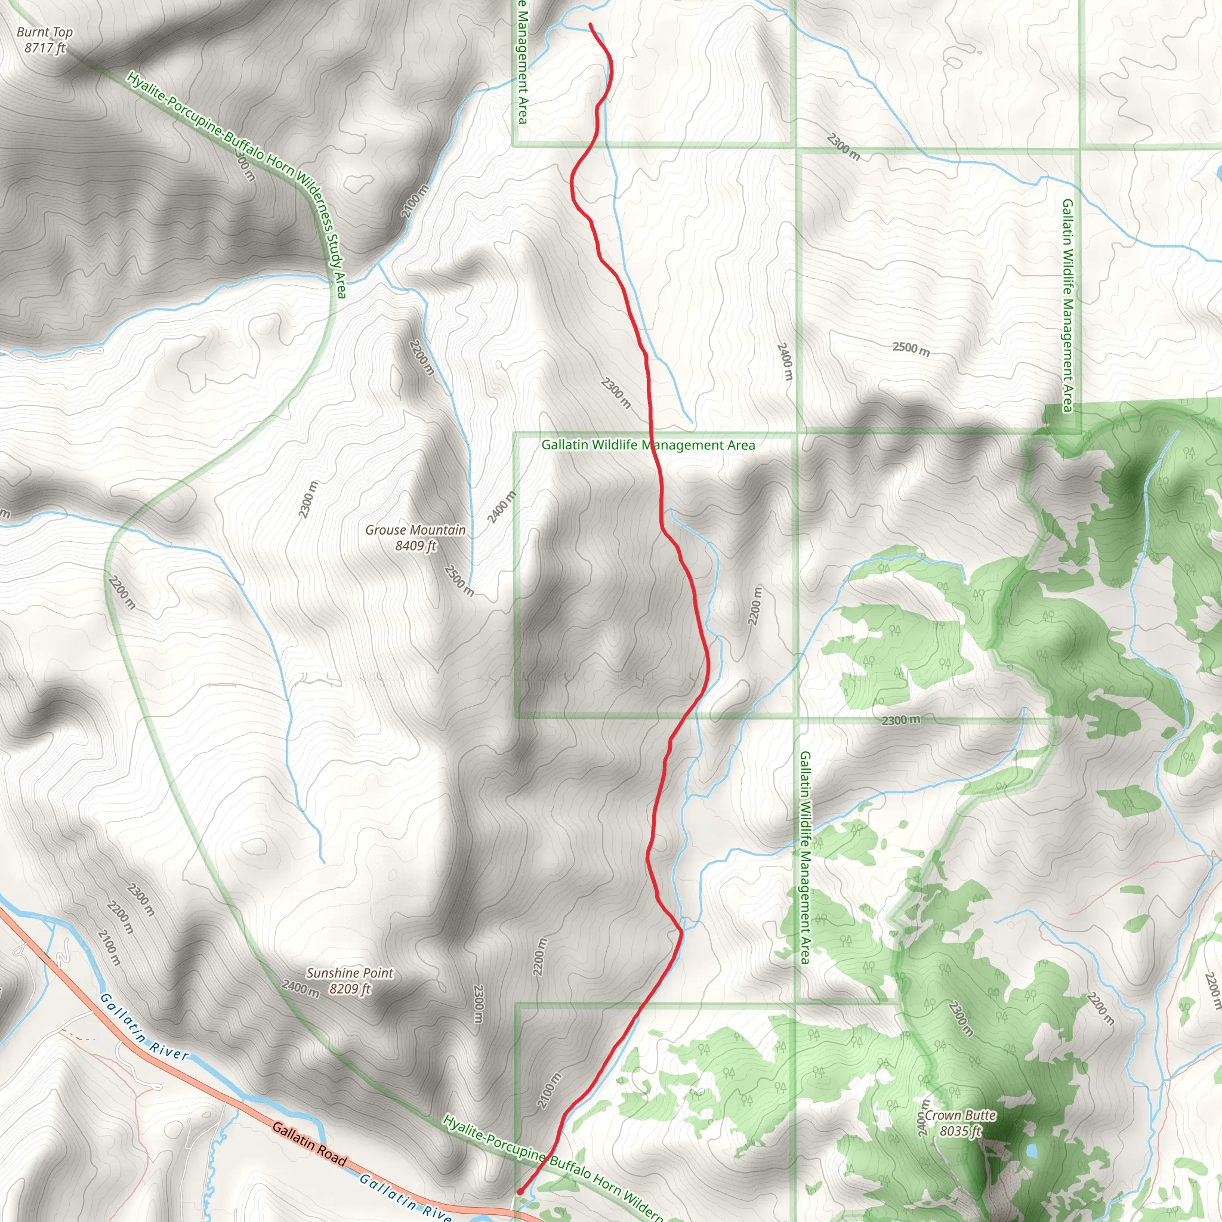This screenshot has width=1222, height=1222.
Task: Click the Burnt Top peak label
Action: pyautogui.click(x=45, y=32)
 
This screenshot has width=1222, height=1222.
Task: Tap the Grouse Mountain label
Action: pyautogui.click(x=415, y=530)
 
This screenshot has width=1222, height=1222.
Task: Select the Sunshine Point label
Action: pyautogui.click(x=350, y=973)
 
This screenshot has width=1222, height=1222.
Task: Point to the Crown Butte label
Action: pyautogui.click(x=960, y=1116)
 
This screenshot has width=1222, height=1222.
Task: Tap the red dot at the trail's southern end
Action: pyautogui.click(x=519, y=1192)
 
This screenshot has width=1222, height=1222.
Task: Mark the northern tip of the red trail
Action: pyautogui.click(x=590, y=24)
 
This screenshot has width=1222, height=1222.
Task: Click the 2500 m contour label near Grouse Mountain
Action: pyautogui.click(x=459, y=580)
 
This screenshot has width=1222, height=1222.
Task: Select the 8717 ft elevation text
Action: pyautogui.click(x=45, y=48)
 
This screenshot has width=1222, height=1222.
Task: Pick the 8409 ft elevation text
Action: pyautogui.click(x=415, y=546)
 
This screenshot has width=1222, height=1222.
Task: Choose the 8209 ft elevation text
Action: pyautogui.click(x=350, y=989)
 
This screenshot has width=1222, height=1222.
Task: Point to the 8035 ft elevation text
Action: pyautogui.click(x=960, y=1131)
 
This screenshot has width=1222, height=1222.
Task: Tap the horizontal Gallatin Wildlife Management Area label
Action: pyautogui.click(x=647, y=445)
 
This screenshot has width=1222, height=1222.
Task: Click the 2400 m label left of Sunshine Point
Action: pyautogui.click(x=301, y=988)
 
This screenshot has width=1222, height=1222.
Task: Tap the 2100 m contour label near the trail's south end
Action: pyautogui.click(x=549, y=1091)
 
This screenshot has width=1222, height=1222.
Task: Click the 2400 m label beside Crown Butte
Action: pyautogui.click(x=924, y=1118)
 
